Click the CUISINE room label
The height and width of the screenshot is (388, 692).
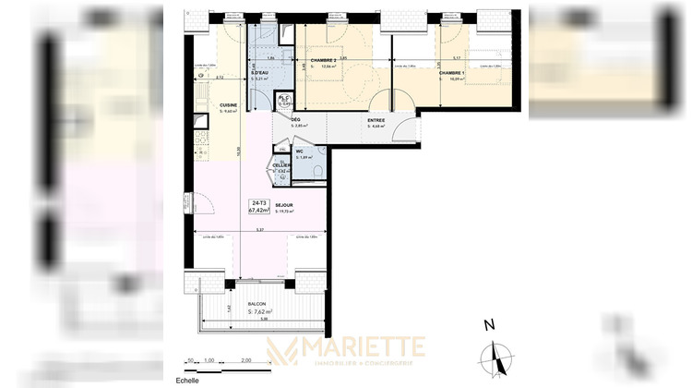(228, 105)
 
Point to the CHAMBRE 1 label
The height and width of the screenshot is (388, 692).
(452, 72)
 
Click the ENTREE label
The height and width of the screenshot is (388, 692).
(376, 119)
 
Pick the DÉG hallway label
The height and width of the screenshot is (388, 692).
(296, 119)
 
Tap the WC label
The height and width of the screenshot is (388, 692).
(300, 151)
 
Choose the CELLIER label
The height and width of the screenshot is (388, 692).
(281, 164)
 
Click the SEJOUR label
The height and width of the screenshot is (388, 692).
(284, 205)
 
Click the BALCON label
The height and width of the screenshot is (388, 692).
(258, 303)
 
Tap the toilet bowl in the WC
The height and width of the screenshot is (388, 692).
(316, 171)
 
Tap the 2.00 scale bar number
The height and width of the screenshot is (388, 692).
(245, 359)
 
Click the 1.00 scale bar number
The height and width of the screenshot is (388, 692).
(209, 359)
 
